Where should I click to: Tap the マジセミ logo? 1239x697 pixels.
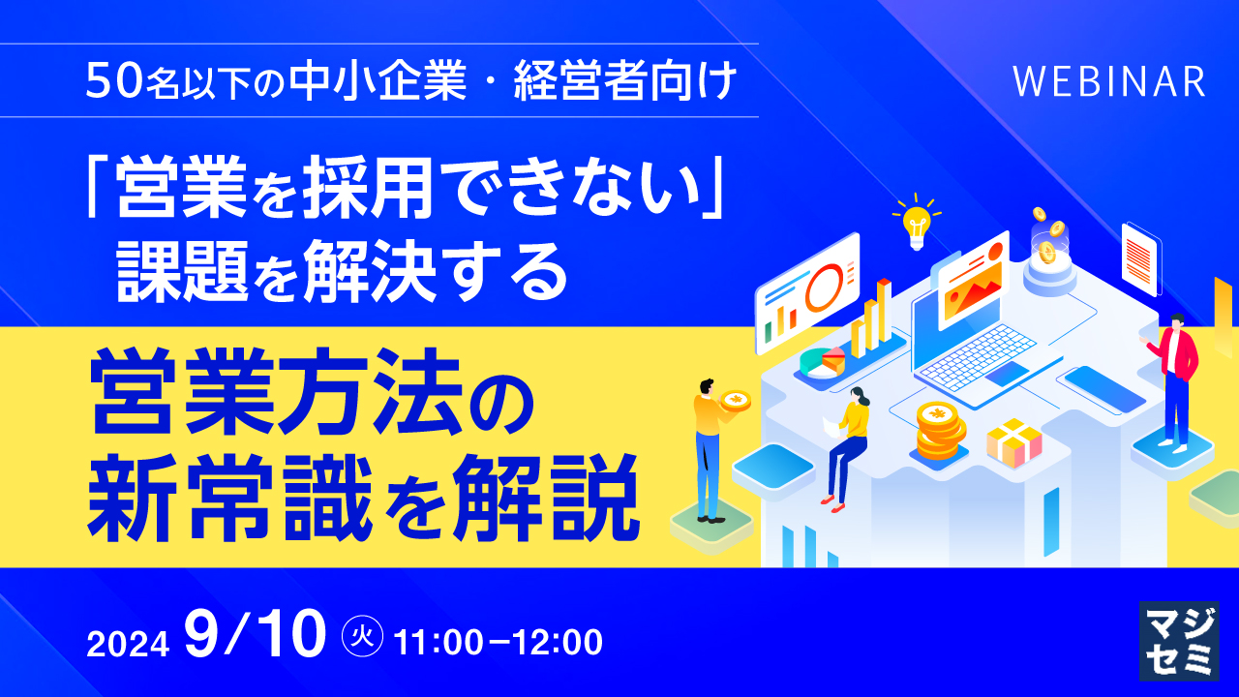point(1178,640)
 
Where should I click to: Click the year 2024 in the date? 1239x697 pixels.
point(129,642)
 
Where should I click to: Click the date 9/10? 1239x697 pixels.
point(258,637)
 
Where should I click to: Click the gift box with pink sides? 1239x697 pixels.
point(1013,442)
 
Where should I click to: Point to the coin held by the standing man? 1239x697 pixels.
point(736,400)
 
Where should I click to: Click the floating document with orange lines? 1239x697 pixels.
point(1139,258)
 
